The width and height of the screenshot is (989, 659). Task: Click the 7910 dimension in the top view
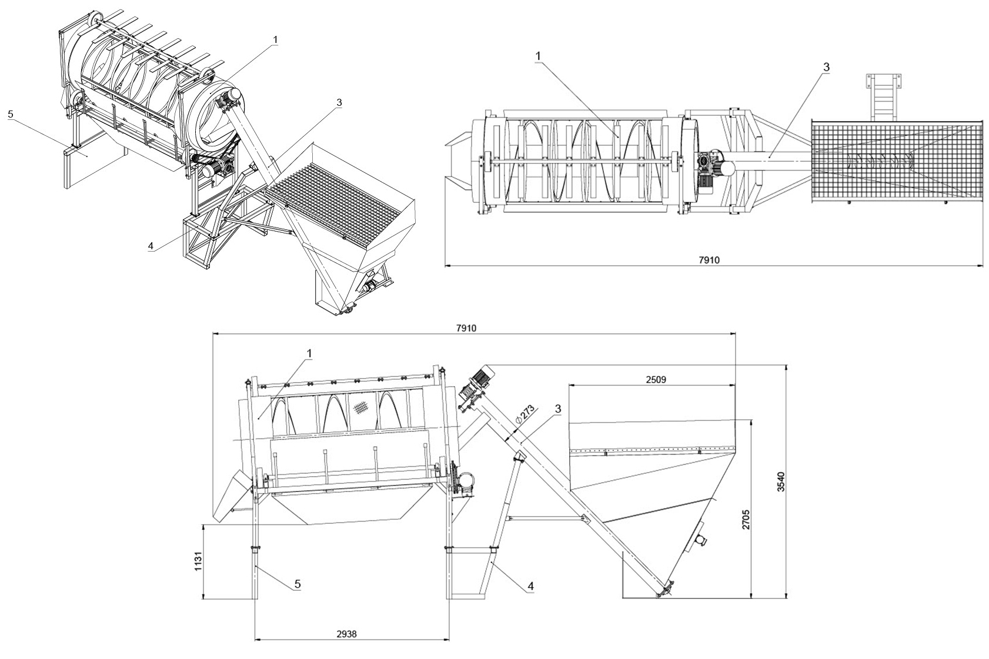pyautogui.click(x=709, y=260)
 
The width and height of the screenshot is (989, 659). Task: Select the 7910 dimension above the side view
pyautogui.click(x=466, y=329)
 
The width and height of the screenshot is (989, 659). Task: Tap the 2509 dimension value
pyautogui.click(x=656, y=379)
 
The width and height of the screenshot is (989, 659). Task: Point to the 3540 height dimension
pyautogui.click(x=781, y=481)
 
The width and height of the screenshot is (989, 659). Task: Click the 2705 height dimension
pyautogui.click(x=746, y=519)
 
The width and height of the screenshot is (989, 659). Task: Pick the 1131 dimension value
pyautogui.click(x=198, y=561)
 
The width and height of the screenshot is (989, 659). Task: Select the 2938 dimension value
pyautogui.click(x=346, y=634)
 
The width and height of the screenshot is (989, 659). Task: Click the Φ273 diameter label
pyautogui.click(x=524, y=415)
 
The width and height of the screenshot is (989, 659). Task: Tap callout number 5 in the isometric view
pyautogui.click(x=11, y=114)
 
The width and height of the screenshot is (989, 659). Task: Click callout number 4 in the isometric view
pyautogui.click(x=151, y=246)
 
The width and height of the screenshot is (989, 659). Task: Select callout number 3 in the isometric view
pyautogui.click(x=339, y=102)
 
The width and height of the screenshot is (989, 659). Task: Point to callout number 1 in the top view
pyautogui.click(x=538, y=56)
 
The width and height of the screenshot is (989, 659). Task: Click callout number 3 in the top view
pyautogui.click(x=826, y=67)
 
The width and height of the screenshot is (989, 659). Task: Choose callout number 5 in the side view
pyautogui.click(x=298, y=584)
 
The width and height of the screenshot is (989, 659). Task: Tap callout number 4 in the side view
pyautogui.click(x=531, y=586)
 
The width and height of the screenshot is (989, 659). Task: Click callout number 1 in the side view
pyautogui.click(x=309, y=353)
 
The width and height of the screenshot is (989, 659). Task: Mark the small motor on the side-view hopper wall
pyautogui.click(x=699, y=538)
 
